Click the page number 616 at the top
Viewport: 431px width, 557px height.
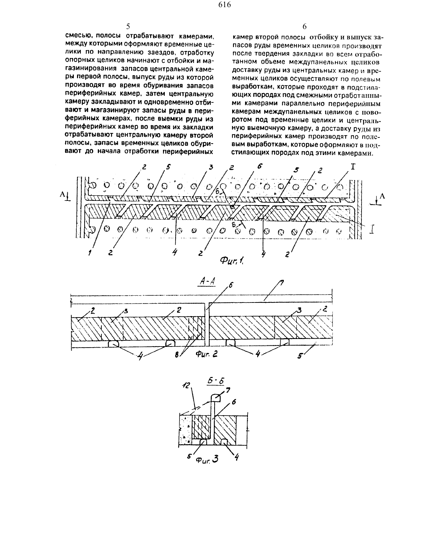225,5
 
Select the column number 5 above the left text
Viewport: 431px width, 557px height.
128,26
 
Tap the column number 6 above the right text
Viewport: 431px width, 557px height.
305,26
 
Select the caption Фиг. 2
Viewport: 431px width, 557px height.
207,354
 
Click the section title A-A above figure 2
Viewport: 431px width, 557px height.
207,281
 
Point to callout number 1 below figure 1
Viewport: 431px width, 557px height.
90,253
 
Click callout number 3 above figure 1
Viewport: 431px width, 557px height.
211,168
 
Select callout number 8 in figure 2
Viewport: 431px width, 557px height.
177,355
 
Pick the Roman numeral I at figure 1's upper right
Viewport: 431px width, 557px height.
353,167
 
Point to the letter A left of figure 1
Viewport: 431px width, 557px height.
62,194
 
